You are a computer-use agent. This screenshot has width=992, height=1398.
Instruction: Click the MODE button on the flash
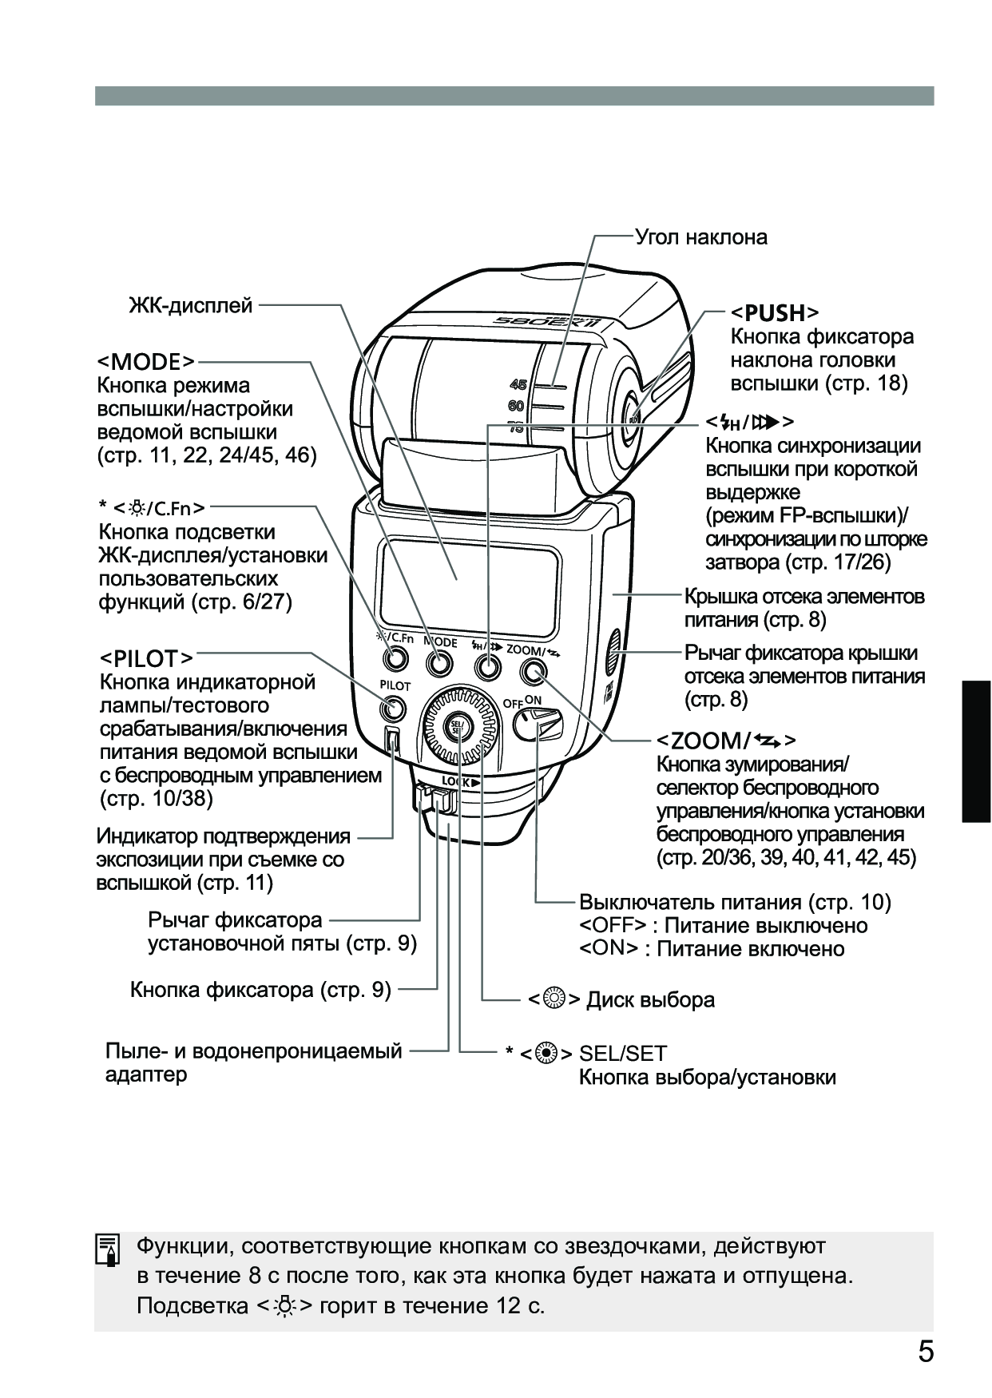[x=438, y=662]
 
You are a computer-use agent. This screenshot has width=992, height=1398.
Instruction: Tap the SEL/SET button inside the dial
[x=458, y=726]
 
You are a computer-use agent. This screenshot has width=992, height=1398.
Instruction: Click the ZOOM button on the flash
[x=530, y=673]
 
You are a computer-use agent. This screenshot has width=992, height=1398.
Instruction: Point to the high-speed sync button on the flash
[x=485, y=665]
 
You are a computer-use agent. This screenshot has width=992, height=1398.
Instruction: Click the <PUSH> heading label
[x=776, y=312]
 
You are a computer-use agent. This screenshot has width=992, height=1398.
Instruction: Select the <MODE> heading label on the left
[x=146, y=362]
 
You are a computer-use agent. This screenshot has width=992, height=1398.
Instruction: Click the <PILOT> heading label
[x=146, y=658]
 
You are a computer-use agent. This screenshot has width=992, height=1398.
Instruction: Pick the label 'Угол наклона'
[x=700, y=237]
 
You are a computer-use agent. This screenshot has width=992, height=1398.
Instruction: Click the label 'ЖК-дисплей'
[x=191, y=305]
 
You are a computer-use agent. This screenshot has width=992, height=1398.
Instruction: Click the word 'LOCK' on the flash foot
[x=456, y=782]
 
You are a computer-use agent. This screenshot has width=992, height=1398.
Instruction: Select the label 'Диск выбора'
[x=650, y=999]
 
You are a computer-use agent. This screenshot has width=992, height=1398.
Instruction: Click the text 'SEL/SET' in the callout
[x=623, y=1054]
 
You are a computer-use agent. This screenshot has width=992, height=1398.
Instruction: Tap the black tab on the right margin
[x=976, y=751]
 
